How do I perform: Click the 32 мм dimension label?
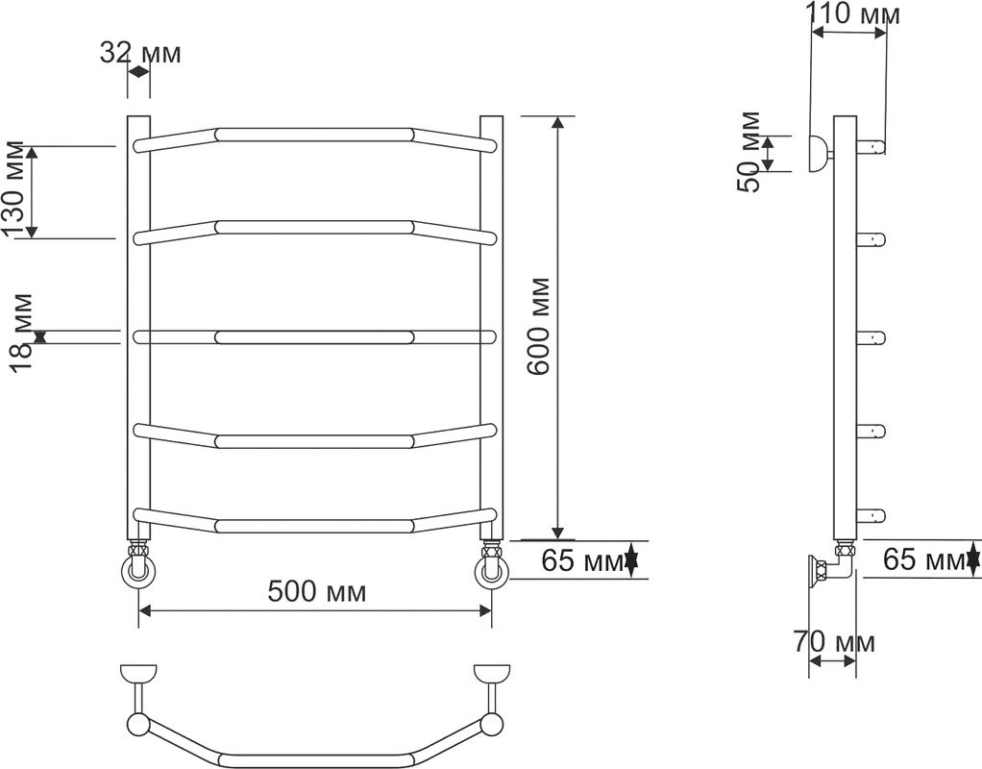[x=140, y=53]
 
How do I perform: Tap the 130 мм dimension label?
[x=15, y=190]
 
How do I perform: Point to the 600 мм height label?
[x=538, y=326]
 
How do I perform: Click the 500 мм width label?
[x=317, y=591]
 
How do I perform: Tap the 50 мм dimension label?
[x=749, y=152]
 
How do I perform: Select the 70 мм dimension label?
[x=834, y=642]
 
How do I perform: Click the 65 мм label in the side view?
[x=925, y=559]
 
